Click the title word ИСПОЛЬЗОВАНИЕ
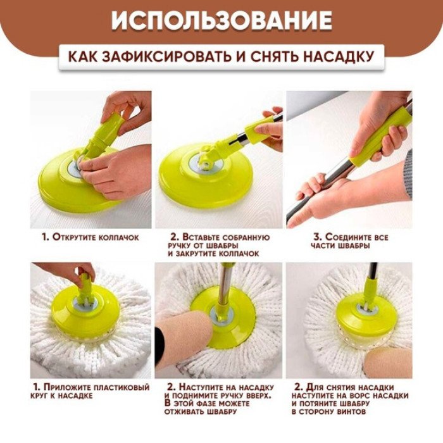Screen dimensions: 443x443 pos(221,20)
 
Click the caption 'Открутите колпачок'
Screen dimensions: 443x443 pos(90,237)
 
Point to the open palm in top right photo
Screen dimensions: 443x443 pos(335,203)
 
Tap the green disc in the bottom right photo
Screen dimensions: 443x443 pos(361,316)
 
